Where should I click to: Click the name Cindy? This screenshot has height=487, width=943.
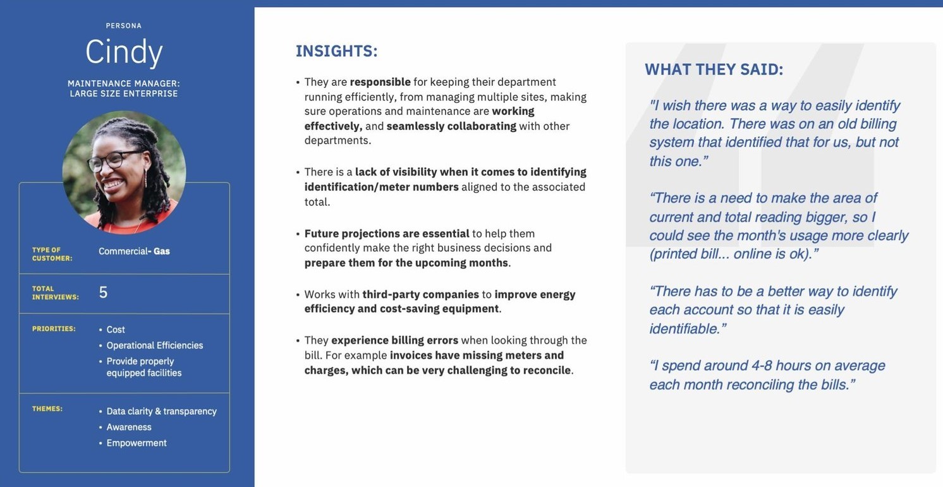tap(124, 52)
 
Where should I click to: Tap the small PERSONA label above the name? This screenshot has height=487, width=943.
tap(124, 26)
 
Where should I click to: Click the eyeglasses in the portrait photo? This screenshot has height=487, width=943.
tap(114, 160)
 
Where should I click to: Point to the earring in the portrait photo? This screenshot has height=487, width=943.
tap(145, 178)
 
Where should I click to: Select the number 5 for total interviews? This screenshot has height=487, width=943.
tap(103, 292)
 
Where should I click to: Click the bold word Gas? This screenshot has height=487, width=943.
tap(162, 251)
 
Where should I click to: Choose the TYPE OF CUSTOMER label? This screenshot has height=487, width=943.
tap(52, 254)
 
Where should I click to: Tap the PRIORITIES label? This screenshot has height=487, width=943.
tap(54, 328)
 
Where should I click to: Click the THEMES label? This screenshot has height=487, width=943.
tap(47, 409)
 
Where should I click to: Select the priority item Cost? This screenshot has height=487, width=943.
tap(116, 330)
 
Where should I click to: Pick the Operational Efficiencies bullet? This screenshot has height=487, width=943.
tap(154, 346)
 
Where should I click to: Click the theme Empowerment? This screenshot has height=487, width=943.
tap(137, 443)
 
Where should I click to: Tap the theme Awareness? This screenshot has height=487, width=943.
tap(129, 427)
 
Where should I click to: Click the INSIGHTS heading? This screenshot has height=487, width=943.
tap(337, 51)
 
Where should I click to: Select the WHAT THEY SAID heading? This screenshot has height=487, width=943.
tap(714, 69)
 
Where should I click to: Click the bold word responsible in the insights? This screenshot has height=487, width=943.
tap(380, 82)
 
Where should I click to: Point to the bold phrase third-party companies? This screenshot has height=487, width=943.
tap(420, 294)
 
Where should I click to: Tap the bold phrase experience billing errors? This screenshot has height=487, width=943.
tap(394, 340)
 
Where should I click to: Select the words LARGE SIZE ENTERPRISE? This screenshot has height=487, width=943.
tap(124, 93)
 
